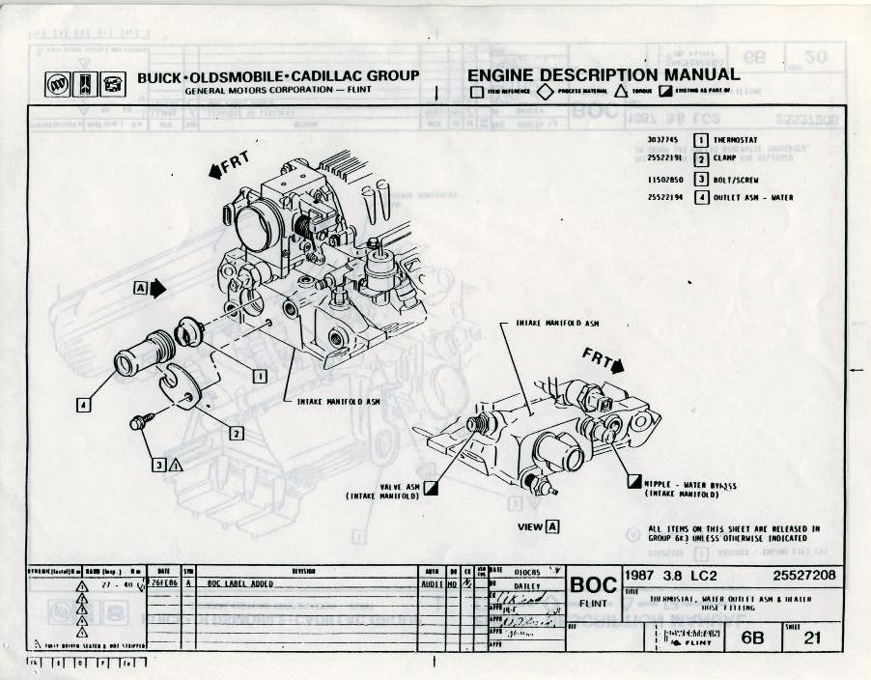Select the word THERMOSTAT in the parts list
[737, 140]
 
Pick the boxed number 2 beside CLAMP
[702, 159]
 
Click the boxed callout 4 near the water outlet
[84, 406]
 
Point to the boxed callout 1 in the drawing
[259, 377]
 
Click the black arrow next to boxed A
[158, 288]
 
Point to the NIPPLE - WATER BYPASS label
[689, 486]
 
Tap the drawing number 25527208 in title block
[804, 577]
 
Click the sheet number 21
[814, 637]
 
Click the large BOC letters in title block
[594, 585]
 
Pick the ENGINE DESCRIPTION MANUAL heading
[604, 75]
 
